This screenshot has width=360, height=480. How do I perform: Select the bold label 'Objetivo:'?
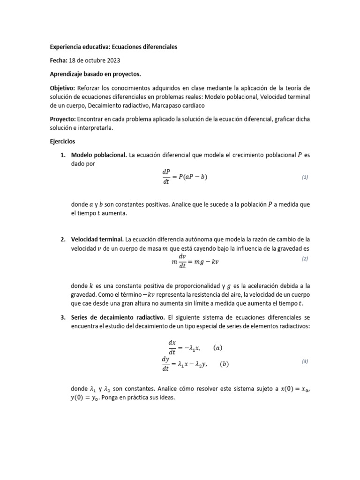pos(62,88)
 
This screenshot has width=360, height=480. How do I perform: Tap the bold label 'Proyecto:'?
pos(63,119)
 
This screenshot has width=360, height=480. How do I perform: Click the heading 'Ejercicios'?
pos(62,141)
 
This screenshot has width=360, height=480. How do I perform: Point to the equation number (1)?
pos(305,177)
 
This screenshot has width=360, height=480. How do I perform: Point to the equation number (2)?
pos(305,259)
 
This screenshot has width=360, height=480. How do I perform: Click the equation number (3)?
pos(305,361)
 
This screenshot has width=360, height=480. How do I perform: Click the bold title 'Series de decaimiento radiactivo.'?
pos(118,317)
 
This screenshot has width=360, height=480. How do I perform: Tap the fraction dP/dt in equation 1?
pos(165,177)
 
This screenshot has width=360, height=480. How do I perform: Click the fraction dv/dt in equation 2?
pos(182,262)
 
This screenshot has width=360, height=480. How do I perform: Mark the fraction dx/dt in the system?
pos(172,348)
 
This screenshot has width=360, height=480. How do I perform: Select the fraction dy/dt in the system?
pos(165,364)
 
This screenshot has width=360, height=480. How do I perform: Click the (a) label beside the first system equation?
pos(217,348)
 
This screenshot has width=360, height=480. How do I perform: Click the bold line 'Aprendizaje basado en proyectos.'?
pos(95,74)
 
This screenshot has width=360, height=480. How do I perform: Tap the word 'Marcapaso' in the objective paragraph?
pos(167,105)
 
